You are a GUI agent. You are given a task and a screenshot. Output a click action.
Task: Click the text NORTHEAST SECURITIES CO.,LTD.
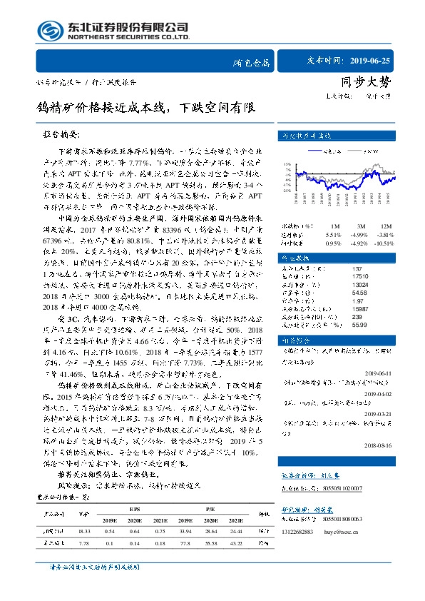128,36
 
